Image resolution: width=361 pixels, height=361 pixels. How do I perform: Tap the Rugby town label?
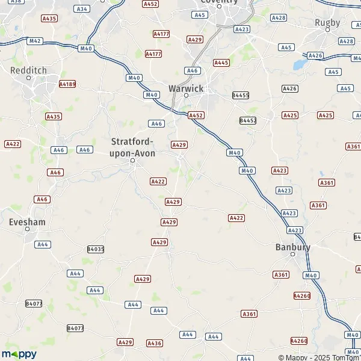tap(327, 23)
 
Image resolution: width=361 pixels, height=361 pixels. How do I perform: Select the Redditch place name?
tap(28, 70)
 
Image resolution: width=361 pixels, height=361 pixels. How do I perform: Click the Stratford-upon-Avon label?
tap(134, 147)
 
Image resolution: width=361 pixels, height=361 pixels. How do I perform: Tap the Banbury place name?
tap(293, 247)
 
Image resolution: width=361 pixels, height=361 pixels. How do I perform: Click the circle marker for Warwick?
tap(186, 96)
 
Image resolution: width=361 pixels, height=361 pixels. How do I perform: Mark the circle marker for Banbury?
tap(293, 255)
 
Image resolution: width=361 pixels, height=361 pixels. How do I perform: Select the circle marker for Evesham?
tap(27, 229)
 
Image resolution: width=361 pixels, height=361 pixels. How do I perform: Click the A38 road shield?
tap(16, 2)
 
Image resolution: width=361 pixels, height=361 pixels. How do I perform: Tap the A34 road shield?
tap(82, 9)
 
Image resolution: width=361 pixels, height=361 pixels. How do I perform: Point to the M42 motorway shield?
tap(35, 41)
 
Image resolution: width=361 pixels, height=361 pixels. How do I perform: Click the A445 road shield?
tap(221, 63)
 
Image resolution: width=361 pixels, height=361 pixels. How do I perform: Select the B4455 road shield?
tap(241, 95)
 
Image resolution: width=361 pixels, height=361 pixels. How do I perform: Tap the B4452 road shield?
tap(248, 120)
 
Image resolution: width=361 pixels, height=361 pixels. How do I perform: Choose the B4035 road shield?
tap(96, 248)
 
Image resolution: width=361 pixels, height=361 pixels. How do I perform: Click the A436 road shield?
tap(155, 343)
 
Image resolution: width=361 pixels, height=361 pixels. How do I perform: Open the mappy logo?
tap(19, 354)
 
